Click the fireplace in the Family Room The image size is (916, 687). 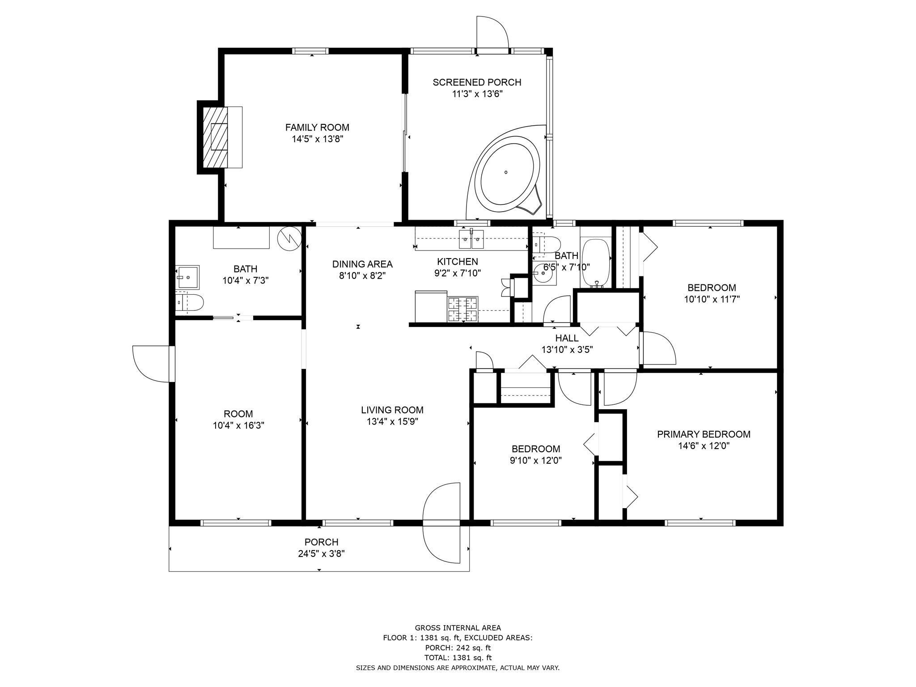click(219, 137)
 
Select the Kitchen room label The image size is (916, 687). click(457, 262)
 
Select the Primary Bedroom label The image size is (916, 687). click(703, 434)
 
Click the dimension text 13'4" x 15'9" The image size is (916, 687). click(392, 421)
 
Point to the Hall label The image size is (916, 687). click(567, 338)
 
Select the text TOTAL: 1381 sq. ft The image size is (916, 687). click(458, 657)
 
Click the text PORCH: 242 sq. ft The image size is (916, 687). click(458, 648)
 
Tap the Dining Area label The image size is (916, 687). click(362, 264)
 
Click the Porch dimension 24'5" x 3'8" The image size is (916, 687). click(321, 554)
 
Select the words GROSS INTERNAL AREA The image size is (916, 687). click(458, 628)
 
